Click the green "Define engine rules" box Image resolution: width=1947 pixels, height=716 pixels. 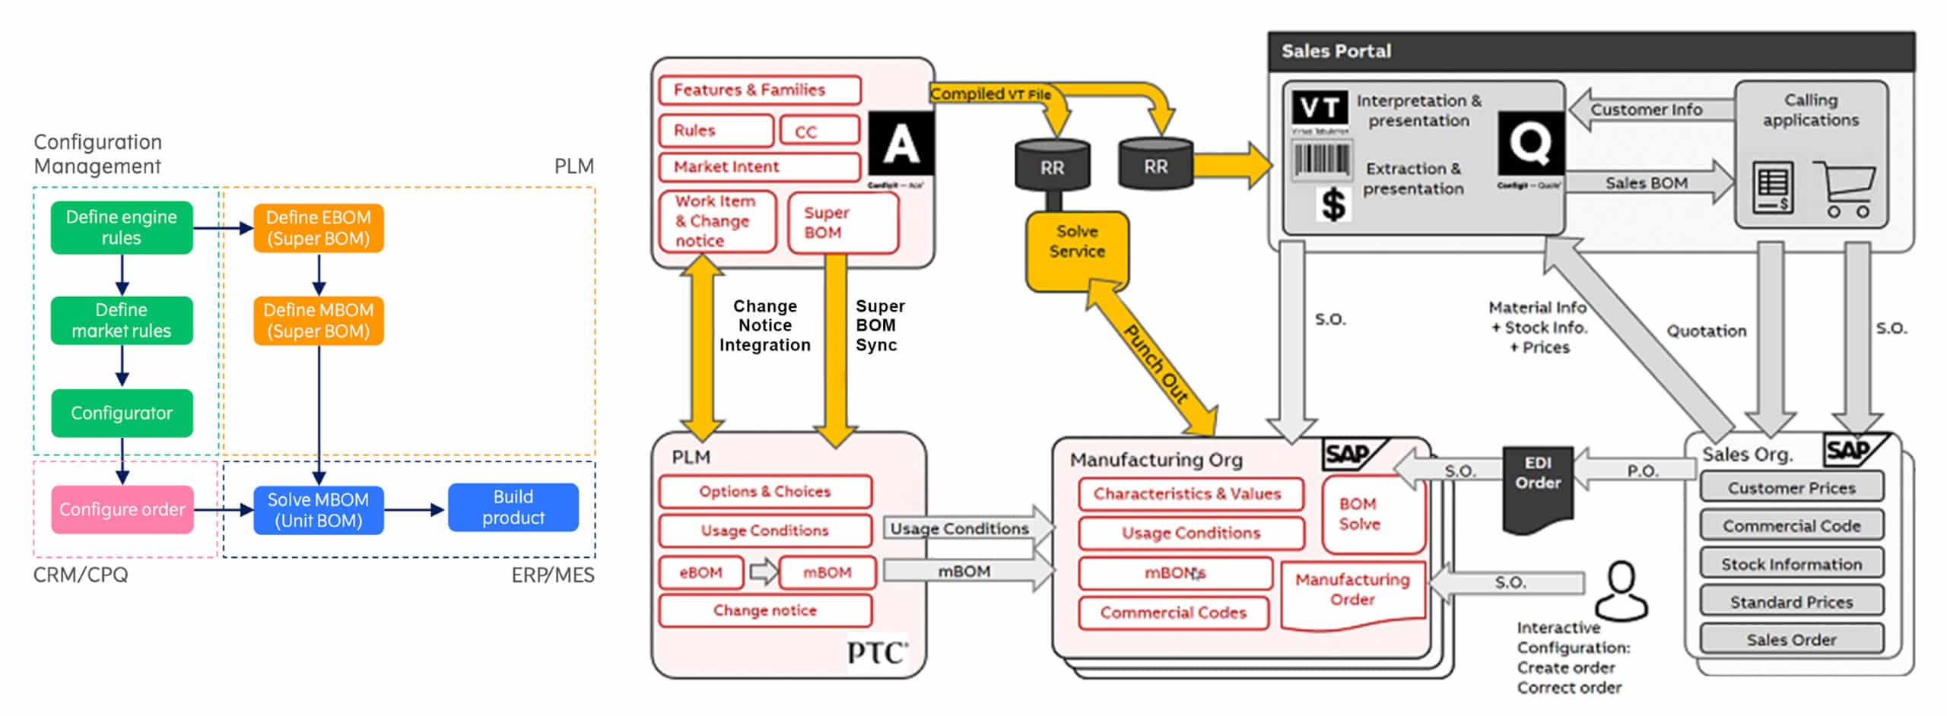tap(122, 227)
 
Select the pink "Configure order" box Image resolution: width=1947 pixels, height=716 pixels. tap(122, 509)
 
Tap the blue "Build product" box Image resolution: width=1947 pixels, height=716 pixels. tap(513, 508)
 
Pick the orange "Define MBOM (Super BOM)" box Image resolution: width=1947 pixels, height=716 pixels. tap(319, 321)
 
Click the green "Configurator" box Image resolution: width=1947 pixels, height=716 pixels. tap(122, 413)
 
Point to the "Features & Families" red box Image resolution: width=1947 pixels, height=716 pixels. tap(759, 90)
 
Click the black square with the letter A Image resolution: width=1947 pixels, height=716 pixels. tap(900, 145)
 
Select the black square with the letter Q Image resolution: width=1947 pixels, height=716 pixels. tap(1530, 142)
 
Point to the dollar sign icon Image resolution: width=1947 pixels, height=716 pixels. tap(1333, 204)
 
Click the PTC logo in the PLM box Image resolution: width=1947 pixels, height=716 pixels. tap(877, 652)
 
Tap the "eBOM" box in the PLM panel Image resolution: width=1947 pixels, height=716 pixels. tap(700, 572)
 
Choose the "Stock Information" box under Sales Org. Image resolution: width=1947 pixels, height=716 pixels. tap(1791, 564)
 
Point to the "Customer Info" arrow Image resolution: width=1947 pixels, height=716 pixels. tap(1647, 109)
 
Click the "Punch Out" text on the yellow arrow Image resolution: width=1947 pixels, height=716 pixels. tap(1155, 363)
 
